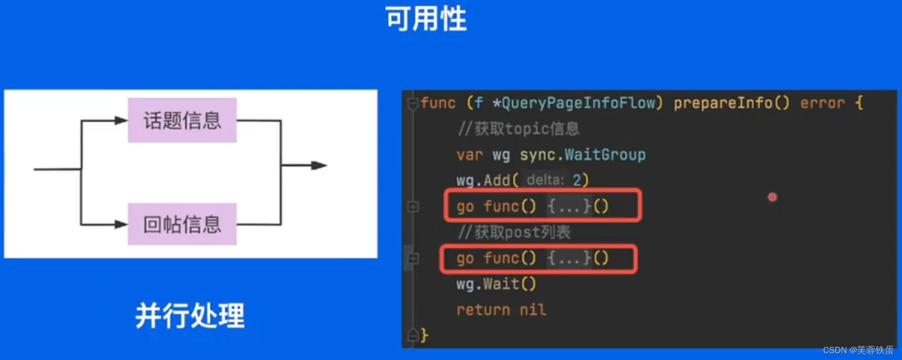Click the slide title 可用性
(426, 19)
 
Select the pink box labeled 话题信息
(182, 120)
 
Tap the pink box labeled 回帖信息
(182, 224)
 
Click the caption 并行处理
(190, 315)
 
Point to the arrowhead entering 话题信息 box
(121, 120)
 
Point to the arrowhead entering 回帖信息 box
(121, 224)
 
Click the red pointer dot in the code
(772, 197)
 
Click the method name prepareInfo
(723, 103)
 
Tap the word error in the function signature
(822, 103)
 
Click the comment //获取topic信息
(518, 128)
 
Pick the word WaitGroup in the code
(605, 154)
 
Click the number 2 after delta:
(577, 180)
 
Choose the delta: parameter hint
(545, 180)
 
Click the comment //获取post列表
(514, 232)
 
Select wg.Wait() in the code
(496, 284)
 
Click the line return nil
(501, 310)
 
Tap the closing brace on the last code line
(425, 335)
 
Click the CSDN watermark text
(858, 350)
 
